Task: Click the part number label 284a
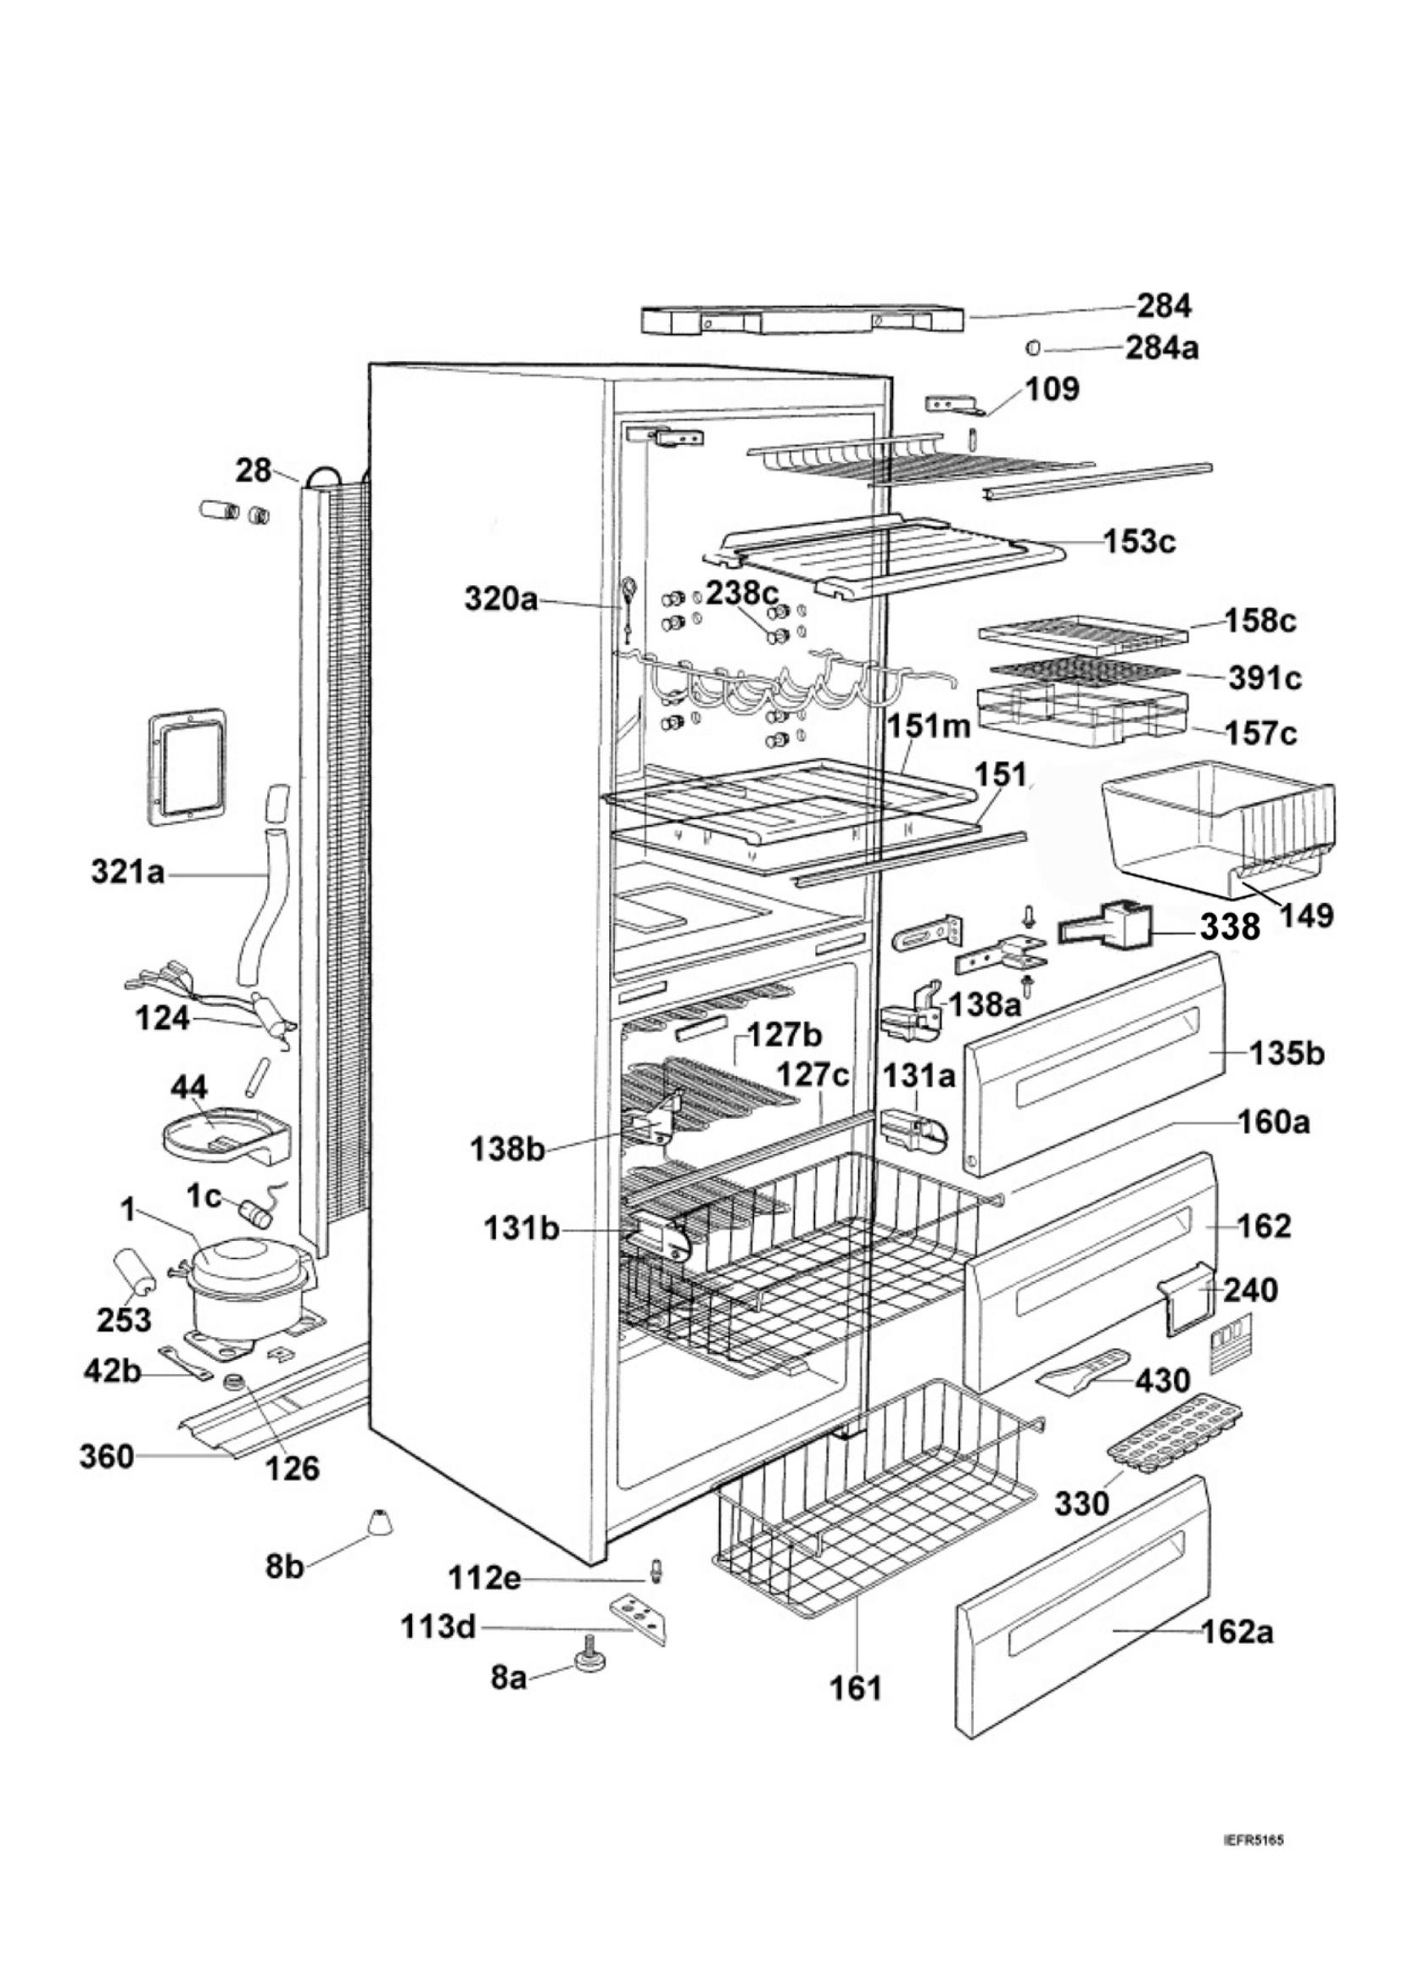pyautogui.click(x=1161, y=348)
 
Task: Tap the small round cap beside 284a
pyautogui.click(x=1031, y=348)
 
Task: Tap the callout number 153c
pyautogui.click(x=1139, y=542)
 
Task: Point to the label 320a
pyautogui.click(x=501, y=599)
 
